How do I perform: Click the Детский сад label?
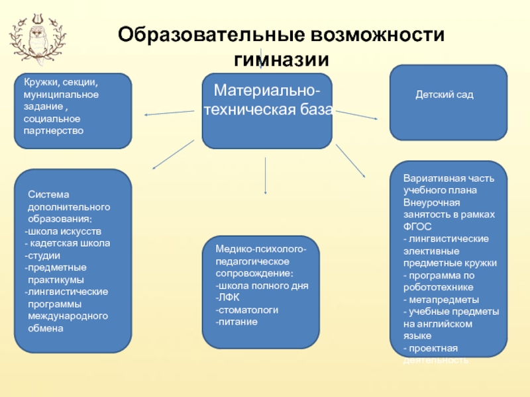[x=435, y=95]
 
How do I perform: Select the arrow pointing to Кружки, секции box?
[x=169, y=113]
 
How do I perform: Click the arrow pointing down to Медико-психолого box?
[x=266, y=175]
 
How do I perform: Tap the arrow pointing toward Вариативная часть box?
[x=351, y=161]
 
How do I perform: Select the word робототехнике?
[x=438, y=287]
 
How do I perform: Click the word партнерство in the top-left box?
[x=53, y=131]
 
